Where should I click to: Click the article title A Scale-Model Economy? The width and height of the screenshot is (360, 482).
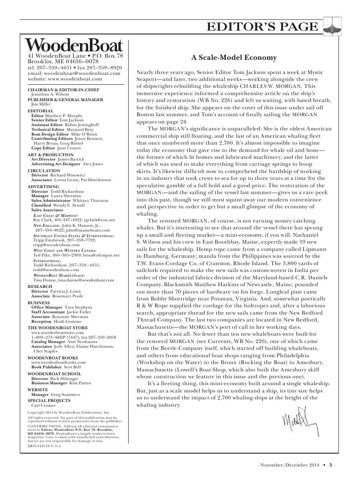pyautogui.click(x=234, y=58)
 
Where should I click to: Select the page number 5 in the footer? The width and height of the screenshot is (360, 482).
pyautogui.click(x=331, y=464)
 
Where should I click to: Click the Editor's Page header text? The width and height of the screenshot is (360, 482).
pyautogui.click(x=263, y=27)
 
